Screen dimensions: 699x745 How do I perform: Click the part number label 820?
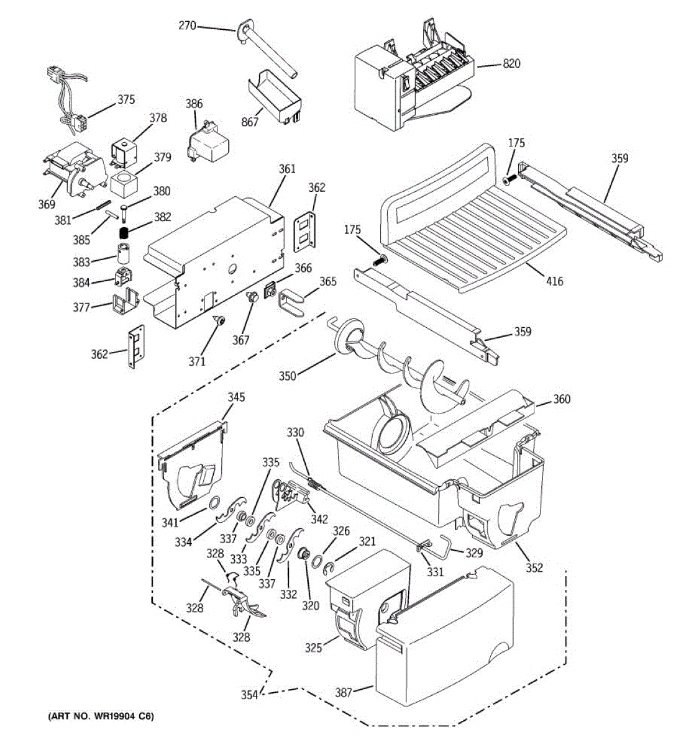point(511,63)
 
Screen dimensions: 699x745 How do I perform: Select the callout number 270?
point(187,25)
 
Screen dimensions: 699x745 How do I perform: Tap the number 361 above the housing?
point(287,169)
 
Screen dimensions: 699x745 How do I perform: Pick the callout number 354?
point(250,695)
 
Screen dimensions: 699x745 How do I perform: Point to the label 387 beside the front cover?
point(344,692)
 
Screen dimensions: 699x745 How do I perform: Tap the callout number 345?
point(236,397)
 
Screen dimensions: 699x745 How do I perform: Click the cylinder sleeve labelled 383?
point(123,254)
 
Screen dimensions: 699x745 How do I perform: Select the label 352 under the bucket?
point(534,567)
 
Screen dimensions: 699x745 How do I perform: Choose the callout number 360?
point(562,399)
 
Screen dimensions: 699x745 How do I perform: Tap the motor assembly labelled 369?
point(73,169)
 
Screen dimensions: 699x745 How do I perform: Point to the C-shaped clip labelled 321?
point(329,569)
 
